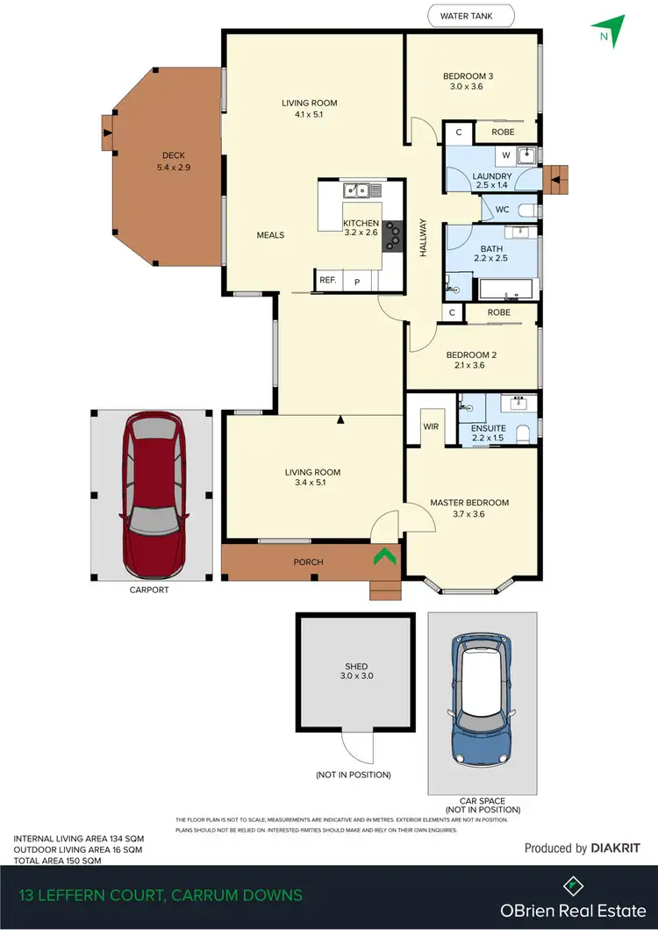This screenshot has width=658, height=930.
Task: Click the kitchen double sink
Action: pos(355,189)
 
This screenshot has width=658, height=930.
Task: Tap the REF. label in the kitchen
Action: pos(328,281)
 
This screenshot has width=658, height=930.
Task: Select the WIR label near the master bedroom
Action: pos(431,426)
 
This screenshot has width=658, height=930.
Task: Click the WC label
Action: pos(502,210)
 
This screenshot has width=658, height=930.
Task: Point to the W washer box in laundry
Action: pos(505,156)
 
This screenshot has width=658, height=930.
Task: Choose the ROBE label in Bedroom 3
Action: pos(503,132)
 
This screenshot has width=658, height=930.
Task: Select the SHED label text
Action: pos(356,667)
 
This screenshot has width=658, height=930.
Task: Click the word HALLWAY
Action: pos(423,237)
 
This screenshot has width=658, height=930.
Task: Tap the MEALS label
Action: pos(270,235)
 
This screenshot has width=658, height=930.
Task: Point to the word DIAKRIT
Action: pos(616,848)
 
